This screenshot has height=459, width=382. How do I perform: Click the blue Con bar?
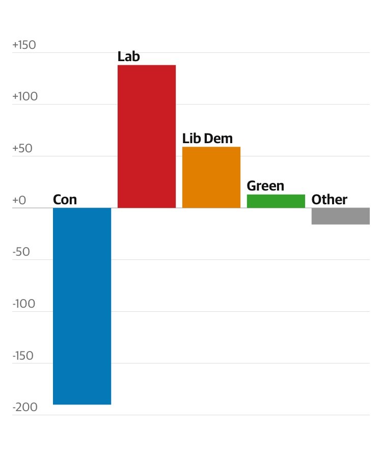[x=82, y=306]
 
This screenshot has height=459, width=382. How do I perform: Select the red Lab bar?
[x=147, y=136]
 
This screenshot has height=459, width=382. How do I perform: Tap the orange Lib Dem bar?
[x=211, y=177]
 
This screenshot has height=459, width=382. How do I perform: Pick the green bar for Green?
[x=276, y=201]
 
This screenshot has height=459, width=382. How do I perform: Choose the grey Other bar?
[x=340, y=216]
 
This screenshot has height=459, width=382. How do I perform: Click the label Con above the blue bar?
[x=65, y=199]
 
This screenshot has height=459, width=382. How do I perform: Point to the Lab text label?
[x=128, y=56]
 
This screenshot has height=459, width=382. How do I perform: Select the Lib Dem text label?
[x=207, y=138]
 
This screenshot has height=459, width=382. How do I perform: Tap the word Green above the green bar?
[x=265, y=186]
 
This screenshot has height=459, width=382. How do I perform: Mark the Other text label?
[x=329, y=199]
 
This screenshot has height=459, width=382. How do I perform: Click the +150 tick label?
[x=24, y=45]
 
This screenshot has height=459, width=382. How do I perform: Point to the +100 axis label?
[x=25, y=97]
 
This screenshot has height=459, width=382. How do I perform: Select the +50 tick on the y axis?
[x=22, y=148]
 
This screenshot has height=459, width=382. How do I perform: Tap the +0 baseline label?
[x=19, y=200]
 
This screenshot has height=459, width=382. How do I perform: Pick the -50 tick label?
[x=21, y=252]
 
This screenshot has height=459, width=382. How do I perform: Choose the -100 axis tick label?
[x=23, y=304]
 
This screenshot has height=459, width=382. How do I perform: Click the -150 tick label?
[x=23, y=356]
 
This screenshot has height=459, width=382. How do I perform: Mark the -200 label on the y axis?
[x=24, y=407]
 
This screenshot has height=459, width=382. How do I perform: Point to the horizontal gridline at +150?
[x=255, y=52]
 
